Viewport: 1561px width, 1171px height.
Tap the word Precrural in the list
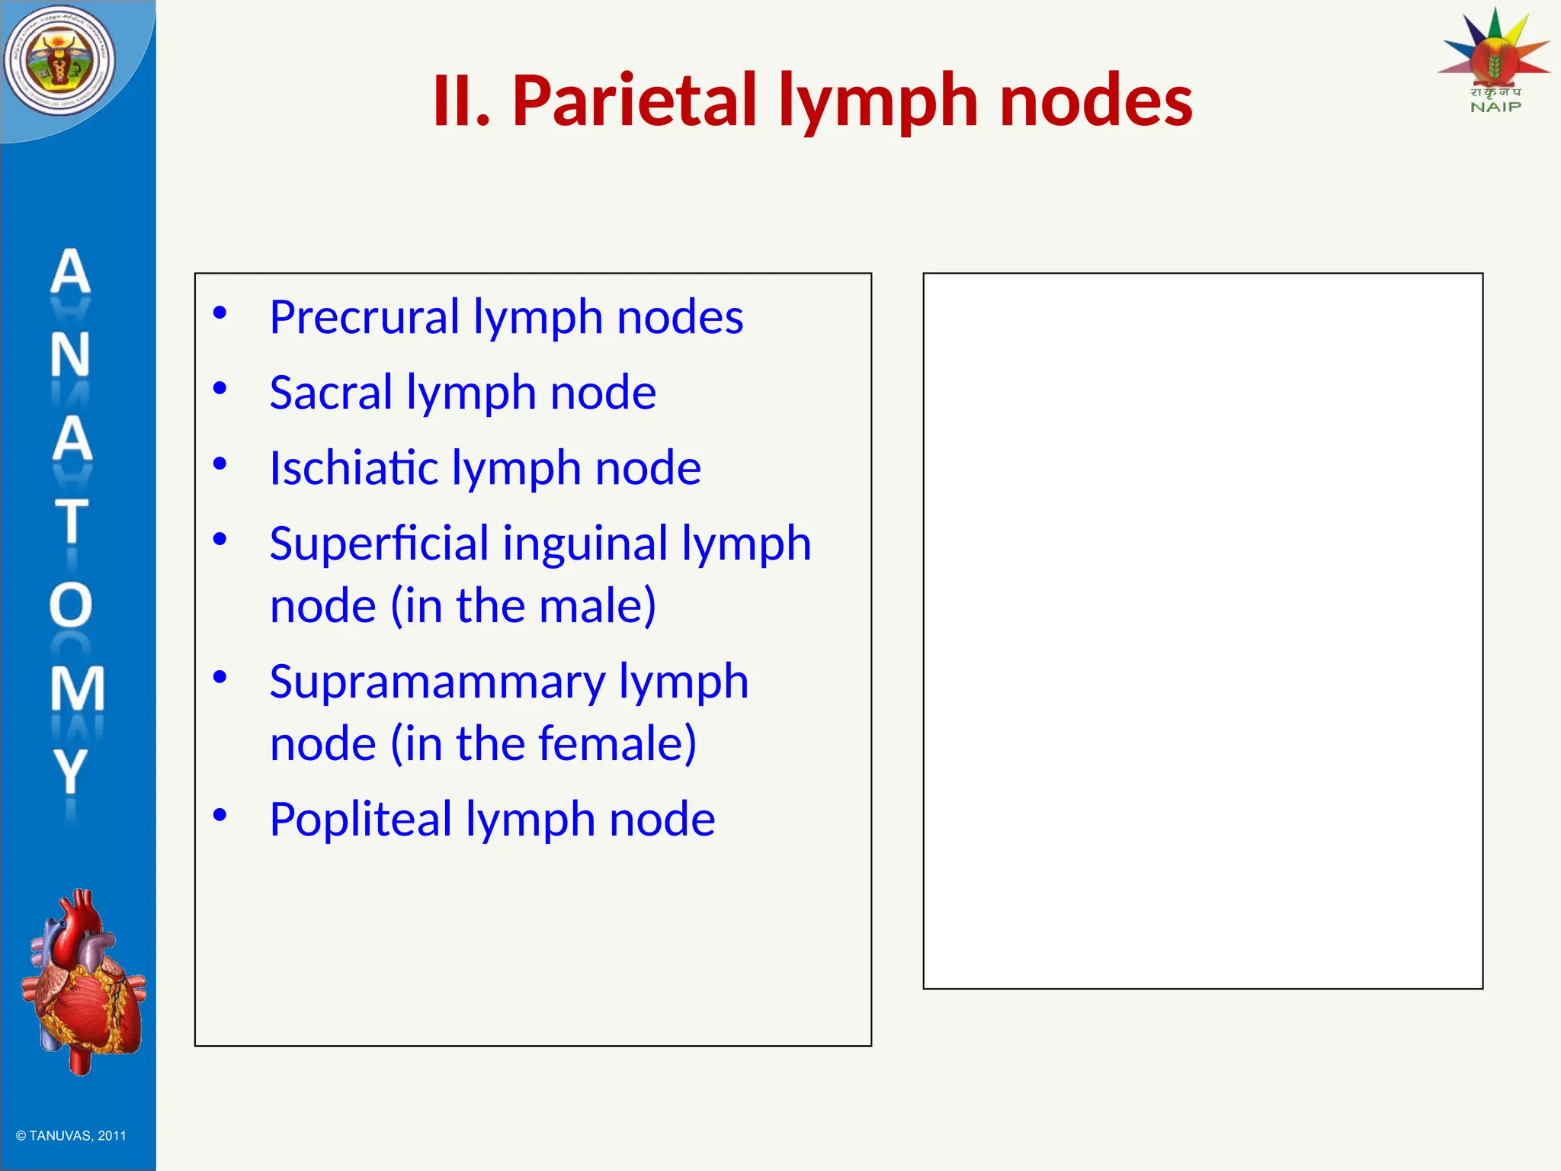pyautogui.click(x=364, y=316)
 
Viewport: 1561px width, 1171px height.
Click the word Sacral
pyautogui.click(x=331, y=392)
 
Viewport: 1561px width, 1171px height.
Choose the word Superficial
pyautogui.click(x=379, y=543)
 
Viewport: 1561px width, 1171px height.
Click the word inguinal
pyautogui.click(x=585, y=544)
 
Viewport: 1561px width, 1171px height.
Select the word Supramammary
pyautogui.click(x=437, y=681)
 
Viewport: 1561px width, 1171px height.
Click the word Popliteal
pyautogui.click(x=361, y=819)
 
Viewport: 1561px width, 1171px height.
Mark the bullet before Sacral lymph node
pyautogui.click(x=220, y=388)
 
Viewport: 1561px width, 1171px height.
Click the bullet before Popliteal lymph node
pyautogui.click(x=220, y=815)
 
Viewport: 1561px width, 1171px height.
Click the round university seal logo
pyautogui.click(x=59, y=61)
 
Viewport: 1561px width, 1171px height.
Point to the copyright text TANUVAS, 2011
pyautogui.click(x=72, y=1135)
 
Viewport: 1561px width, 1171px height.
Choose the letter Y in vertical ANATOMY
pyautogui.click(x=71, y=771)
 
